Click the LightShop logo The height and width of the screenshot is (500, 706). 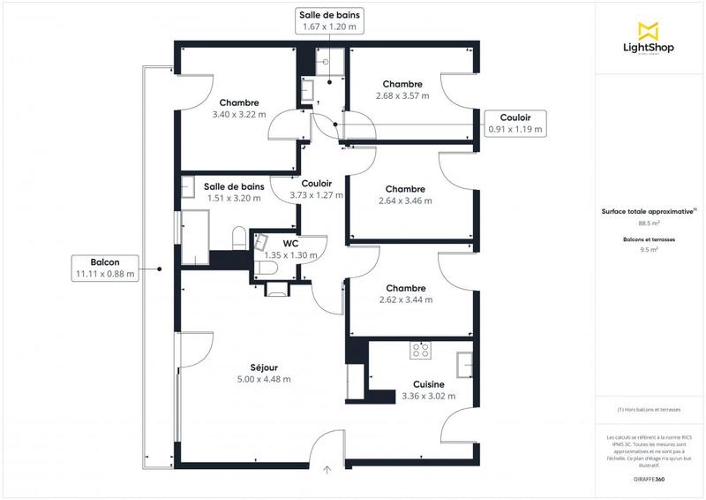click(649, 39)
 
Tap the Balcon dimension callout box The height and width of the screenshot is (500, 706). click(105, 268)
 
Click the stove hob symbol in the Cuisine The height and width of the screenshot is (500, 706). click(419, 351)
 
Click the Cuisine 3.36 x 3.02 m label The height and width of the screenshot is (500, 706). click(428, 390)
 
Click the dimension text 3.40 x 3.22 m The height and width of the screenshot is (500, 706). click(239, 114)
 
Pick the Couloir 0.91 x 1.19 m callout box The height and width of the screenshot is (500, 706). click(515, 123)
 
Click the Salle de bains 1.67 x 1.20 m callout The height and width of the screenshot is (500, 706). click(329, 21)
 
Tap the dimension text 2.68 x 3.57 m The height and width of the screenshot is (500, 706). click(402, 95)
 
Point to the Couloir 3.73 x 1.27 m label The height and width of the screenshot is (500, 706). click(316, 189)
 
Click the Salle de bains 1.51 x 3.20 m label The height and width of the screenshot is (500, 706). click(234, 192)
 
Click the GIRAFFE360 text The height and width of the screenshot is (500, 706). click(649, 477)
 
